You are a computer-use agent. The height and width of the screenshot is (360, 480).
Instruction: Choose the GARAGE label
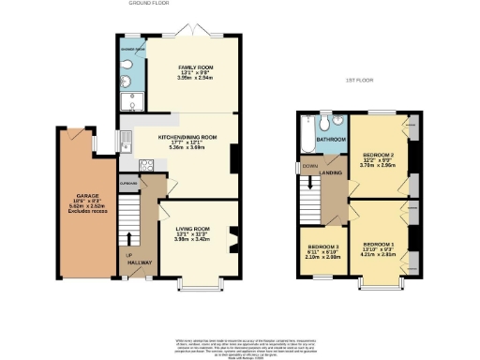[87, 196]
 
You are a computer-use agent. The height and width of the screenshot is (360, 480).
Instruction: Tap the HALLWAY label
[142, 262]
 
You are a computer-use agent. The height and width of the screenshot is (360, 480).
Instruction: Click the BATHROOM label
[331, 140]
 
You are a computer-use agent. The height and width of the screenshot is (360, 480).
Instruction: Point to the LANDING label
[329, 172]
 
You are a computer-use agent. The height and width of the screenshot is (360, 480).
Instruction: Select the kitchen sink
[125, 142]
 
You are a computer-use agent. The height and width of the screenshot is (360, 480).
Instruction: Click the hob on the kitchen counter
[145, 165]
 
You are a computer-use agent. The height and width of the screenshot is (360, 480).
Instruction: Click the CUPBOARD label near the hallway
[129, 184]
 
